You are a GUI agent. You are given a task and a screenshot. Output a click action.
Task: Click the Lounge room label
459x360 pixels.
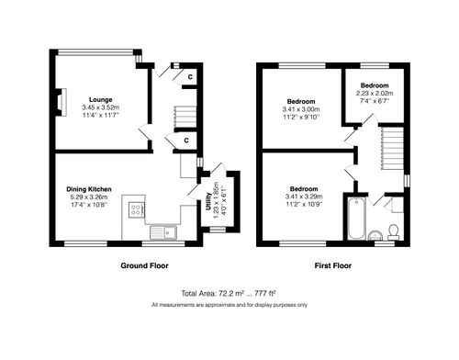pos(101,98)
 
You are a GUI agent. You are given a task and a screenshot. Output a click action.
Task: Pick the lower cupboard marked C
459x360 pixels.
pos(186,141)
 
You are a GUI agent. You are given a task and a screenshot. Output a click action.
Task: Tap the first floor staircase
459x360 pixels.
pos(392,147)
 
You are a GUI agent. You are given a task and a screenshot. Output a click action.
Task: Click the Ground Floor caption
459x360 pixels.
pos(145,265)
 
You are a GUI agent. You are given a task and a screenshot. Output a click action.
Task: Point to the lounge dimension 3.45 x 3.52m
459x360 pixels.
pos(101,107)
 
